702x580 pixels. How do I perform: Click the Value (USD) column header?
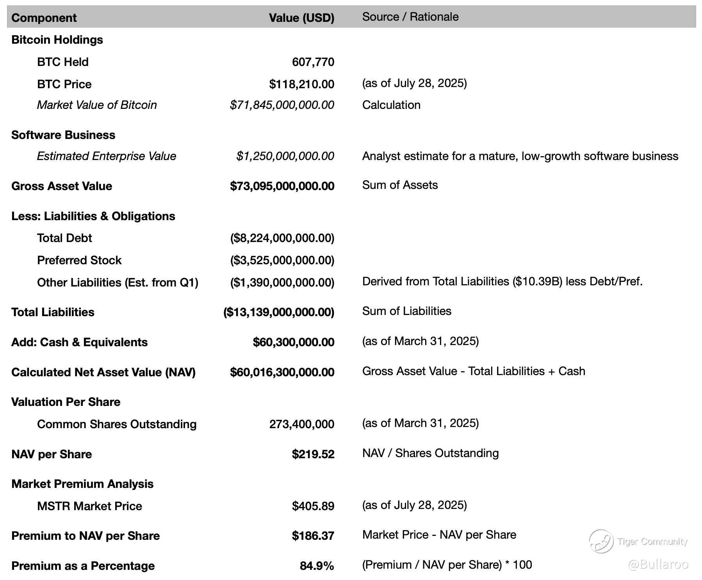[301, 18]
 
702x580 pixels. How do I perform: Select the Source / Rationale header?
[410, 17]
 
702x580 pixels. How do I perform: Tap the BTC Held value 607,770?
[313, 62]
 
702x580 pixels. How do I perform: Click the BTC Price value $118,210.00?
[301, 84]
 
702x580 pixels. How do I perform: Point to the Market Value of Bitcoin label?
[97, 105]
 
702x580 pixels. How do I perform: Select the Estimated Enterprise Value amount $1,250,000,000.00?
[285, 156]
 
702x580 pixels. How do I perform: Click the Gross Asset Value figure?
[282, 186]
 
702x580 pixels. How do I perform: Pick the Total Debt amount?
[282, 238]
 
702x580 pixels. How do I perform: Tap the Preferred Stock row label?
[79, 260]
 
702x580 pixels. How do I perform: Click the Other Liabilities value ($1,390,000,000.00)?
[282, 283]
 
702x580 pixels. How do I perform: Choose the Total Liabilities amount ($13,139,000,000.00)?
[279, 312]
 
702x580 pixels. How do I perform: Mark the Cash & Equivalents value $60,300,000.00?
[293, 342]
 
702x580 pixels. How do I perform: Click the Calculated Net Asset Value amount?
[282, 372]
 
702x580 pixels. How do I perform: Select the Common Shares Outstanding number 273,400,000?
[301, 424]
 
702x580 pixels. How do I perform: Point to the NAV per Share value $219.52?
[313, 454]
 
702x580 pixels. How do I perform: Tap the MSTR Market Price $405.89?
[313, 506]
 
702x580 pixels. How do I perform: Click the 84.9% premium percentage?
[317, 566]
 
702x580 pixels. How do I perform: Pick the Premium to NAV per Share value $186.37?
[313, 536]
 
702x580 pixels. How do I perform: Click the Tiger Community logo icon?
[601, 541]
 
